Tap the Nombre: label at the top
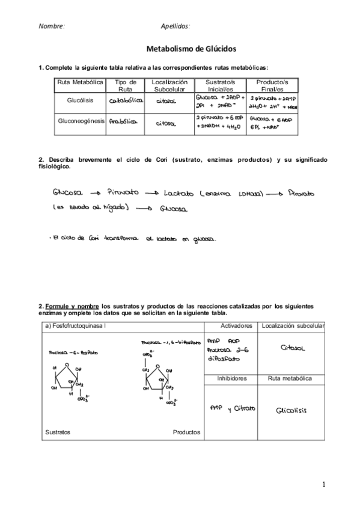coord(52,26)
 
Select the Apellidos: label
coord(175,26)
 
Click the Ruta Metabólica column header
coord(80,82)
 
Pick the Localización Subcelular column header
coord(170,85)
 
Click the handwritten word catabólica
coord(126,102)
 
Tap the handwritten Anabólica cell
coord(123,121)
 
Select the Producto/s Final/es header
coord(272,85)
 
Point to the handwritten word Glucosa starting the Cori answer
coord(66,193)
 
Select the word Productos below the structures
coord(187,432)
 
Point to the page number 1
coord(323,484)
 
